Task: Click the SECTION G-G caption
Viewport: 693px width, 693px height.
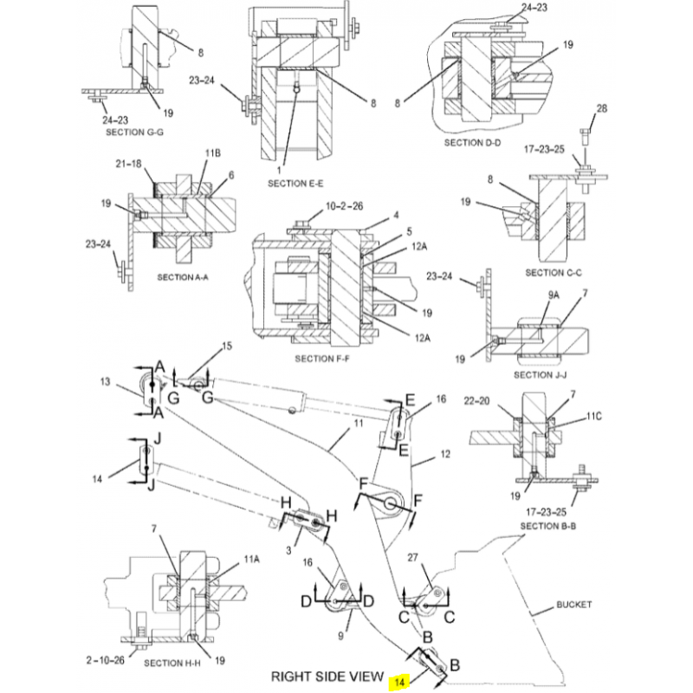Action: click(134, 133)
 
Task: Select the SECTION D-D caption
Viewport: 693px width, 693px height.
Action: click(473, 142)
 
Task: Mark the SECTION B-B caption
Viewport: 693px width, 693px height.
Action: click(549, 526)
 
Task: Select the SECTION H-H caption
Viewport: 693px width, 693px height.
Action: click(172, 664)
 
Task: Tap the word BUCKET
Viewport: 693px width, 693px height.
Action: click(573, 606)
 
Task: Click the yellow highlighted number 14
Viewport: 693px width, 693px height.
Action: click(399, 683)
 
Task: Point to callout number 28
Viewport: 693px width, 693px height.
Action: click(602, 108)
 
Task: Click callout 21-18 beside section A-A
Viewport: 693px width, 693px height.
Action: click(127, 164)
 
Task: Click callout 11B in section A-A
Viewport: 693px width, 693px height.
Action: click(213, 153)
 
